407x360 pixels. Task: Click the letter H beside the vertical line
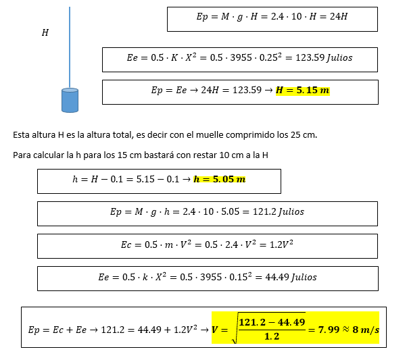click(x=45, y=32)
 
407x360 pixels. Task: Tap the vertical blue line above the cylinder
click(x=70, y=47)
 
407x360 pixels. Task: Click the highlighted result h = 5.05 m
click(x=219, y=179)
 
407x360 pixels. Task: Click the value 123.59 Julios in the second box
click(x=324, y=58)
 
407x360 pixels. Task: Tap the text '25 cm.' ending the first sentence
click(x=304, y=134)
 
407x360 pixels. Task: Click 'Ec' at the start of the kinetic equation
click(x=126, y=245)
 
